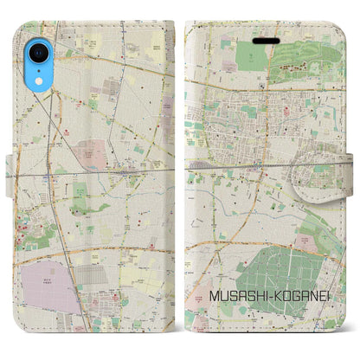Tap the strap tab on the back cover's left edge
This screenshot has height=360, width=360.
coord(9,185)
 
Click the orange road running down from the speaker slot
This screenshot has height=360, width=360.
coord(260,104)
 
